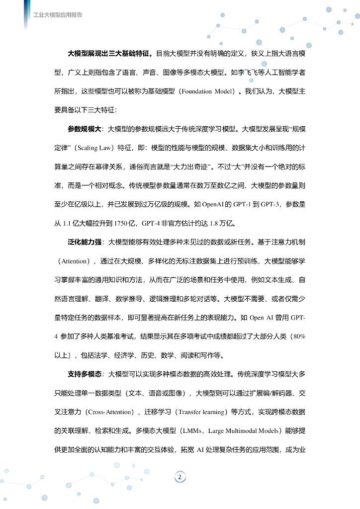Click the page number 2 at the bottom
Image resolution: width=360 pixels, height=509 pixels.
point(180,478)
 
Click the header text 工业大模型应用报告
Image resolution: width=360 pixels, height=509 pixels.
point(58,15)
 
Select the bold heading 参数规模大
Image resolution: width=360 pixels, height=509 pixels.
point(85,129)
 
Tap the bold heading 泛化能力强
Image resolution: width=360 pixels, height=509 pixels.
point(85,243)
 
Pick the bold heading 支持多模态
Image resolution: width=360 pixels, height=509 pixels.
point(85,374)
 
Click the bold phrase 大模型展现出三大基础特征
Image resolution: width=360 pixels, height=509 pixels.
point(110,53)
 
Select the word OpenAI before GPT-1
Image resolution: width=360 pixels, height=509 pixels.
point(215,204)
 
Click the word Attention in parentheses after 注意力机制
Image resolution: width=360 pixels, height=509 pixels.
point(74,261)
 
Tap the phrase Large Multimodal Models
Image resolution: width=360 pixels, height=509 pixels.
point(244,431)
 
